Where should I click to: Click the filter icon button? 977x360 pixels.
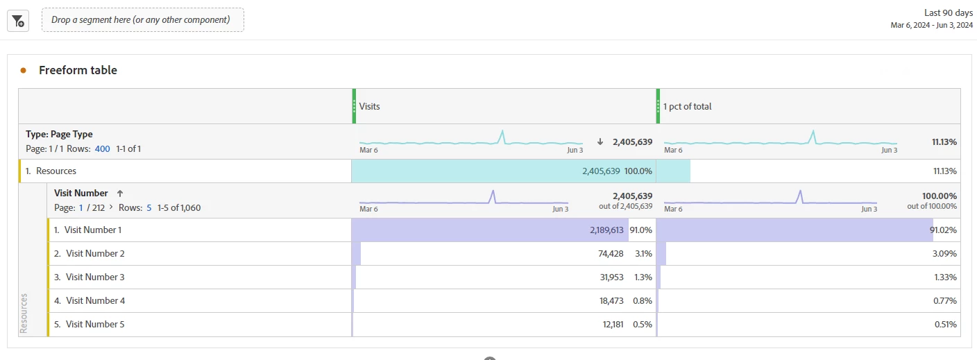point(17,21)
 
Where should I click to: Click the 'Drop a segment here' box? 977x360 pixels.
point(142,20)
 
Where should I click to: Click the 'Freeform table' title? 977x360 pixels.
point(78,70)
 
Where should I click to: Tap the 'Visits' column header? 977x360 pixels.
point(370,106)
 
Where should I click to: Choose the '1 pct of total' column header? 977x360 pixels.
point(687,106)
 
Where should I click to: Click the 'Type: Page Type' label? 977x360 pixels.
point(59,134)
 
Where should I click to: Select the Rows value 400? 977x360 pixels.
point(103,148)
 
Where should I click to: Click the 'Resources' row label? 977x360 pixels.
point(56,171)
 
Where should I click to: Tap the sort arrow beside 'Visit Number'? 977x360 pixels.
point(119,194)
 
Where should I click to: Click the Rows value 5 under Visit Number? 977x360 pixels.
point(148,207)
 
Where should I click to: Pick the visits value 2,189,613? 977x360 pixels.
point(606,230)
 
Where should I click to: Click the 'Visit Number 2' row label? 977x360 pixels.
point(95,253)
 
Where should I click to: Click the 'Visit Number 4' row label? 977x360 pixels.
point(95,300)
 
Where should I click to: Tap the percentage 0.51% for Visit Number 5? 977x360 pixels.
point(945,324)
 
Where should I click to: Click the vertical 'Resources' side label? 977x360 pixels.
point(24,314)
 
